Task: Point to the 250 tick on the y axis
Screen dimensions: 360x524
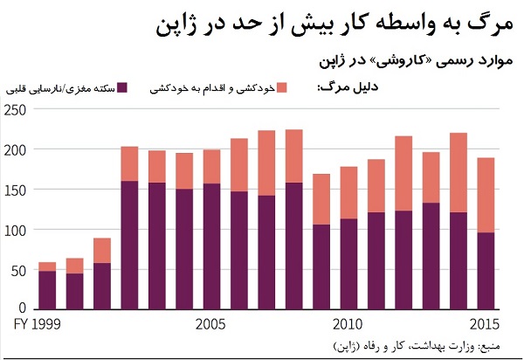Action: pyautogui.click(x=15, y=110)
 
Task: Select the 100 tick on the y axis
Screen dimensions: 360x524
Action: pyautogui.click(x=15, y=230)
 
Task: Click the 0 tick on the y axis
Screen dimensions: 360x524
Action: pyautogui.click(x=22, y=308)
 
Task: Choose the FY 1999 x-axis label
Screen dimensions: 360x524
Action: pyautogui.click(x=37, y=325)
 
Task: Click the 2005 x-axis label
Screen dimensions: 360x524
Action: pyautogui.click(x=212, y=325)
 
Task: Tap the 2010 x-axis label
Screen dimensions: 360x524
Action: pyautogui.click(x=347, y=325)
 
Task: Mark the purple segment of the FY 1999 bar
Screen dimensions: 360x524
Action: pyautogui.click(x=47, y=289)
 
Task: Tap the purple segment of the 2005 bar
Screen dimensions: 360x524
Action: pyautogui.click(x=211, y=246)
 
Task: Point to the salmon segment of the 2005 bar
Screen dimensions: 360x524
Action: pyautogui.click(x=211, y=167)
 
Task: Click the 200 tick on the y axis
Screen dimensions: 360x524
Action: pyautogui.click(x=15, y=149)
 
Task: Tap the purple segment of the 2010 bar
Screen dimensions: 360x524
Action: pyautogui.click(x=348, y=263)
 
